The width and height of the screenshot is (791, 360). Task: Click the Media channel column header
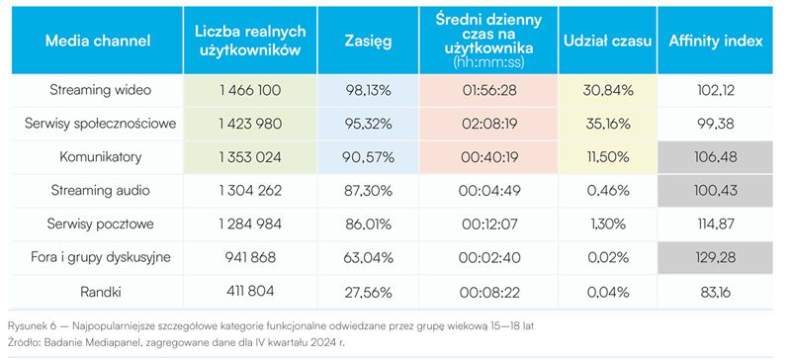97,43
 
